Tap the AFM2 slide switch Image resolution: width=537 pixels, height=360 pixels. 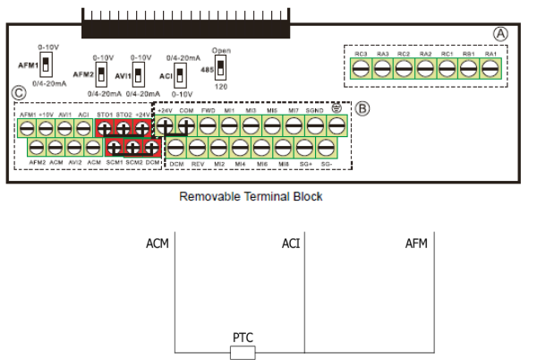[x=102, y=73]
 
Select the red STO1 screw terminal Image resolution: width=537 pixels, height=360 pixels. [x=105, y=127]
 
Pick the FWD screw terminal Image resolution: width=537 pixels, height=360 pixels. [x=208, y=126]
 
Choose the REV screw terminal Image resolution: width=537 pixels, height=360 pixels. [x=197, y=148]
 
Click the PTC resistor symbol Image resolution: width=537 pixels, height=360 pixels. [x=243, y=352]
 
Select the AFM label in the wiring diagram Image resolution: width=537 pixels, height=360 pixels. [x=416, y=244]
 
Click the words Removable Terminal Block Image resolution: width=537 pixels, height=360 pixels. [x=251, y=196]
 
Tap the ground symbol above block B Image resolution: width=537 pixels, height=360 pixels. [x=337, y=109]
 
